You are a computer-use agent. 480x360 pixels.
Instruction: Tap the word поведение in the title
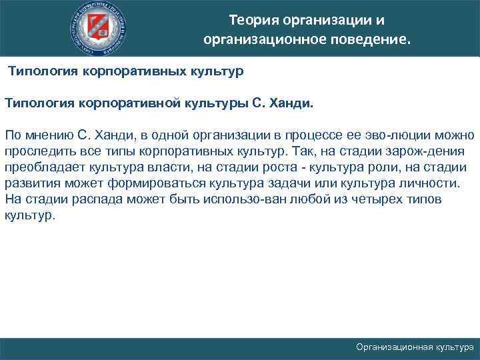pyautogui.click(x=371, y=41)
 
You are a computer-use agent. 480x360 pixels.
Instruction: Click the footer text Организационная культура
pyautogui.click(x=415, y=347)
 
